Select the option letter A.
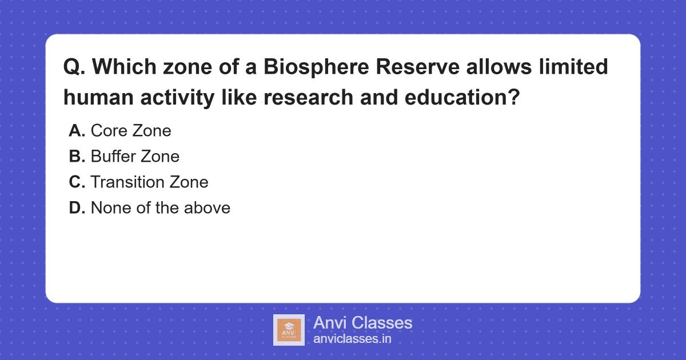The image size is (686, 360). click(77, 131)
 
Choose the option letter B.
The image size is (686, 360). click(77, 157)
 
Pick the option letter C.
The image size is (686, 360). click(77, 182)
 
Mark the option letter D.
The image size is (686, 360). click(77, 208)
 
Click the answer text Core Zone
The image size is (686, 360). click(131, 131)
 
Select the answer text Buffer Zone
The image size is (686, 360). click(135, 157)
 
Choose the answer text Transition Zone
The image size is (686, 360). click(149, 182)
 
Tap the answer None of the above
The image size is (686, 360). click(161, 208)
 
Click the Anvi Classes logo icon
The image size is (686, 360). click(289, 330)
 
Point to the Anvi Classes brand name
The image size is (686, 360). click(362, 323)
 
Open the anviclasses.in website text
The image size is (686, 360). click(352, 339)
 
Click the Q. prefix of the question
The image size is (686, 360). click(74, 67)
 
